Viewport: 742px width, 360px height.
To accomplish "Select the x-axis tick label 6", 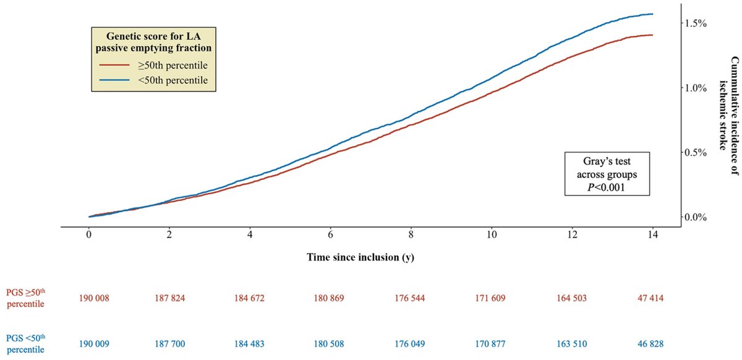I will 331,236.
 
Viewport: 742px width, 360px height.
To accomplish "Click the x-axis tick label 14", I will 652,236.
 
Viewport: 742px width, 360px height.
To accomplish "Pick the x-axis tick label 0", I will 89,236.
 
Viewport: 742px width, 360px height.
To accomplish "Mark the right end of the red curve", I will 652,35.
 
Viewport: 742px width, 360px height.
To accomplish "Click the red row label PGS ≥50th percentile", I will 26,298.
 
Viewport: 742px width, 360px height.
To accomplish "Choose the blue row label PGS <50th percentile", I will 26,342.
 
